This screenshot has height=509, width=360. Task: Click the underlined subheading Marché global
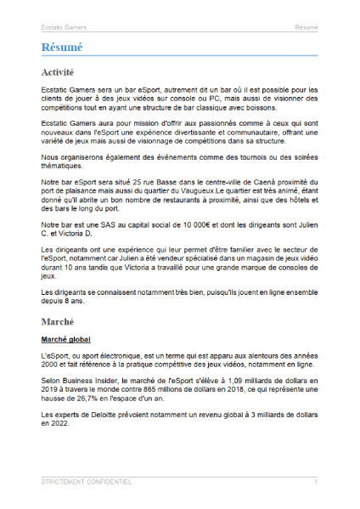[x=66, y=340]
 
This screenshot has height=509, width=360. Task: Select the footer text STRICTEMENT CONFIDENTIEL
[x=86, y=482]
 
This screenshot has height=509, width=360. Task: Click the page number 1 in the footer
[x=316, y=482]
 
